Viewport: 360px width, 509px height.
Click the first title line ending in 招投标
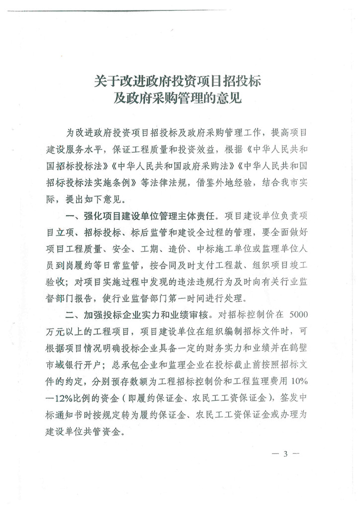coord(178,81)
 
